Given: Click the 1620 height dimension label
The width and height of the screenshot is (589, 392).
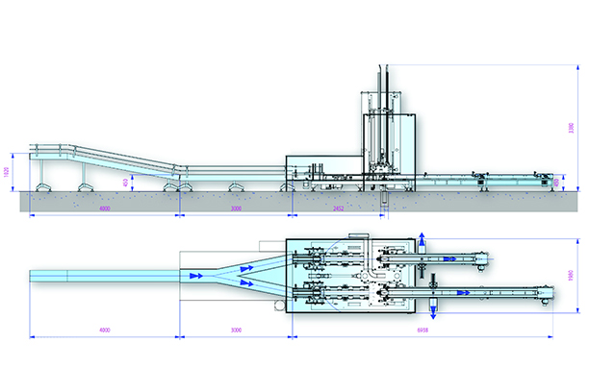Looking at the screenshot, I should coord(8,172).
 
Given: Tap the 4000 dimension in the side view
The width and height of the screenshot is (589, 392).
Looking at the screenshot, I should coord(104,208).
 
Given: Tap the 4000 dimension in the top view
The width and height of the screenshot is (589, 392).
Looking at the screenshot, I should coord(104,331).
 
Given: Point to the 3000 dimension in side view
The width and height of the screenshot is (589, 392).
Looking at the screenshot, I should coord(236,208).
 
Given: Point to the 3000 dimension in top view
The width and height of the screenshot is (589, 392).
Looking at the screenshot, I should coord(236,331).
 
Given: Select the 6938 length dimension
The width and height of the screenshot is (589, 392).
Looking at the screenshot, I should coord(422,331).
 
